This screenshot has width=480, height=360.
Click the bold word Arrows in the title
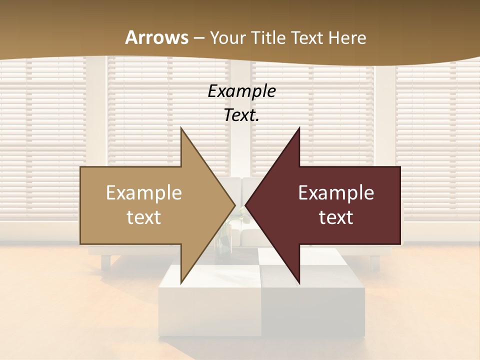pos(157,37)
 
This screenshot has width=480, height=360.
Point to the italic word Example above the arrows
pos(242,91)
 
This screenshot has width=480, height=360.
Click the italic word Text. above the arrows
pos(242,115)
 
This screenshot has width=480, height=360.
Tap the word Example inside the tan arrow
pos(144,192)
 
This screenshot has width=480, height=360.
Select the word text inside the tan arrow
pos(144,217)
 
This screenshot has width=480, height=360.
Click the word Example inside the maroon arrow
pos(336,192)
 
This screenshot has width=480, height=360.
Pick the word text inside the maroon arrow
pos(336,217)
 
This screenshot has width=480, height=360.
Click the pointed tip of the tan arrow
pos(234,205)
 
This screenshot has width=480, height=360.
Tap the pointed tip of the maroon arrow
pos(246,205)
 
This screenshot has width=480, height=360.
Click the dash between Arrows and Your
pos(199,38)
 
